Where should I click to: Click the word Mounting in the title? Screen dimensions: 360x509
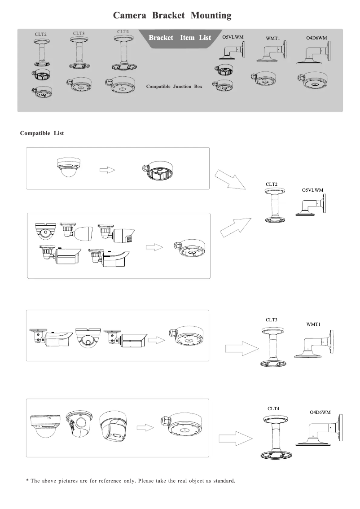211,15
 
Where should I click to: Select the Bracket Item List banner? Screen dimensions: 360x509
180,38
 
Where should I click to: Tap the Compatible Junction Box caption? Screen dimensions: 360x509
174,86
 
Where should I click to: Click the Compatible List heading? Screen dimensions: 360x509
42,133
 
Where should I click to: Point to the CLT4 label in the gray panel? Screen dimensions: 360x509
123,31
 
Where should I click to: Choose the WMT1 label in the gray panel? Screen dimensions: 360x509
272,38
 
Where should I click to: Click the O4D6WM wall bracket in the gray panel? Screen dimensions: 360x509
313,52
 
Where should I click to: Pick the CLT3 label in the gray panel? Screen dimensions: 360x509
79,33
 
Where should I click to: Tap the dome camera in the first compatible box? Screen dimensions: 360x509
68,167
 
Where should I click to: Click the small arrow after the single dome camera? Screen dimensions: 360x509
107,170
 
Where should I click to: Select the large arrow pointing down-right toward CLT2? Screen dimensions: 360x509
230,179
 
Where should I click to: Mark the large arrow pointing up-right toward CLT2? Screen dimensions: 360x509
235,227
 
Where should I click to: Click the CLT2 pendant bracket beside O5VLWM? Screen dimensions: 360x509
275,206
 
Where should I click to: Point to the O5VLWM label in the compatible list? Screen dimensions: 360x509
312,190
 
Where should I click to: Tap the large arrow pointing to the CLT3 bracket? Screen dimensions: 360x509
242,349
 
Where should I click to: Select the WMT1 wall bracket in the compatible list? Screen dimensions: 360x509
314,344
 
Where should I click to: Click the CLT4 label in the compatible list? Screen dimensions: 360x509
273,409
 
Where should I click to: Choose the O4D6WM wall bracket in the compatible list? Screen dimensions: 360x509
319,430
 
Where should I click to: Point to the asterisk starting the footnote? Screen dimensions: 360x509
27,480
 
